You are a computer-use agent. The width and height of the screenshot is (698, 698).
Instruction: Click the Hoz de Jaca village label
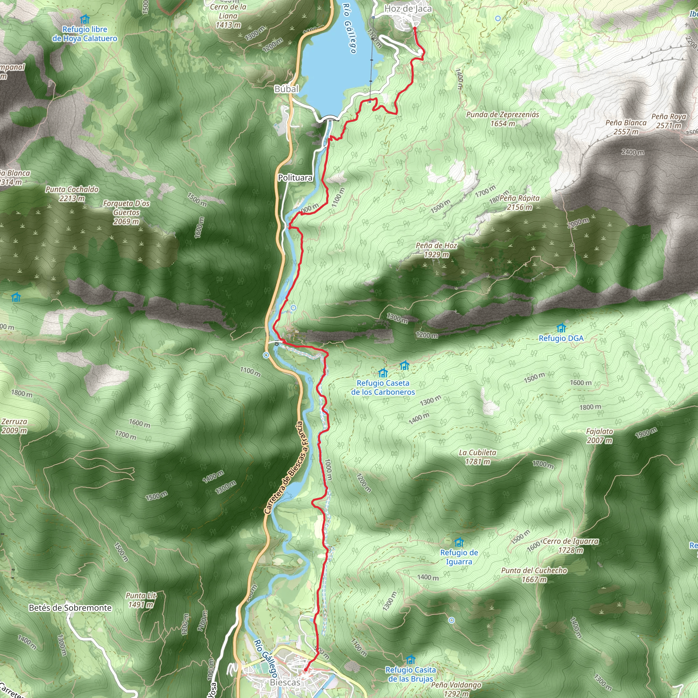[408, 9]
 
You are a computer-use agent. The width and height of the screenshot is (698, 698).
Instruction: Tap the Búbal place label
[287, 89]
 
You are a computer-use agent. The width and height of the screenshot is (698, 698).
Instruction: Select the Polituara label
[295, 178]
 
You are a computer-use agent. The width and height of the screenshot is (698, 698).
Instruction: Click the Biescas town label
[285, 682]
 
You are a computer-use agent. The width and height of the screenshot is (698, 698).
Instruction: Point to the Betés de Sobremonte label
[71, 608]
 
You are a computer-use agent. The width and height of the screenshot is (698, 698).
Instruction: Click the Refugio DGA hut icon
[561, 328]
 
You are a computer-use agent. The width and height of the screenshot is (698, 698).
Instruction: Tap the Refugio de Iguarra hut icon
[459, 542]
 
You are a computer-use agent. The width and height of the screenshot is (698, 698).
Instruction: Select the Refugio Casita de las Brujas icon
[410, 660]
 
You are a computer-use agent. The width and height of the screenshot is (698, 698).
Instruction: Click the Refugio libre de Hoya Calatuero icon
[85, 19]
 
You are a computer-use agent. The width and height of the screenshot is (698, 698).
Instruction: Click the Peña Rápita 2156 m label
[519, 203]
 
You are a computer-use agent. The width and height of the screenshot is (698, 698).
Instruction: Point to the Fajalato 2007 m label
[600, 436]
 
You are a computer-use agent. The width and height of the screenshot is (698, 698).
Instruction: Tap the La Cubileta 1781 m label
[477, 457]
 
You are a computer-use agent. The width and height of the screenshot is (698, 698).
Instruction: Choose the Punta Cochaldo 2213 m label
[72, 194]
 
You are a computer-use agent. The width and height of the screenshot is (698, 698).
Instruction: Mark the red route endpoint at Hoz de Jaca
[415, 28]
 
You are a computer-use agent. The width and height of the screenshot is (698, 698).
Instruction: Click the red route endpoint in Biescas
[306, 669]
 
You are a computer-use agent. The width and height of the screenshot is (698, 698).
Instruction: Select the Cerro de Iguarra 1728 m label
[571, 546]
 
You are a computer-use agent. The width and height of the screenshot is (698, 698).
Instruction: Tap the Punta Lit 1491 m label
[141, 600]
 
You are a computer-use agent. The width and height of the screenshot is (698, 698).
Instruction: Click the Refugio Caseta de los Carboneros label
[383, 387]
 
